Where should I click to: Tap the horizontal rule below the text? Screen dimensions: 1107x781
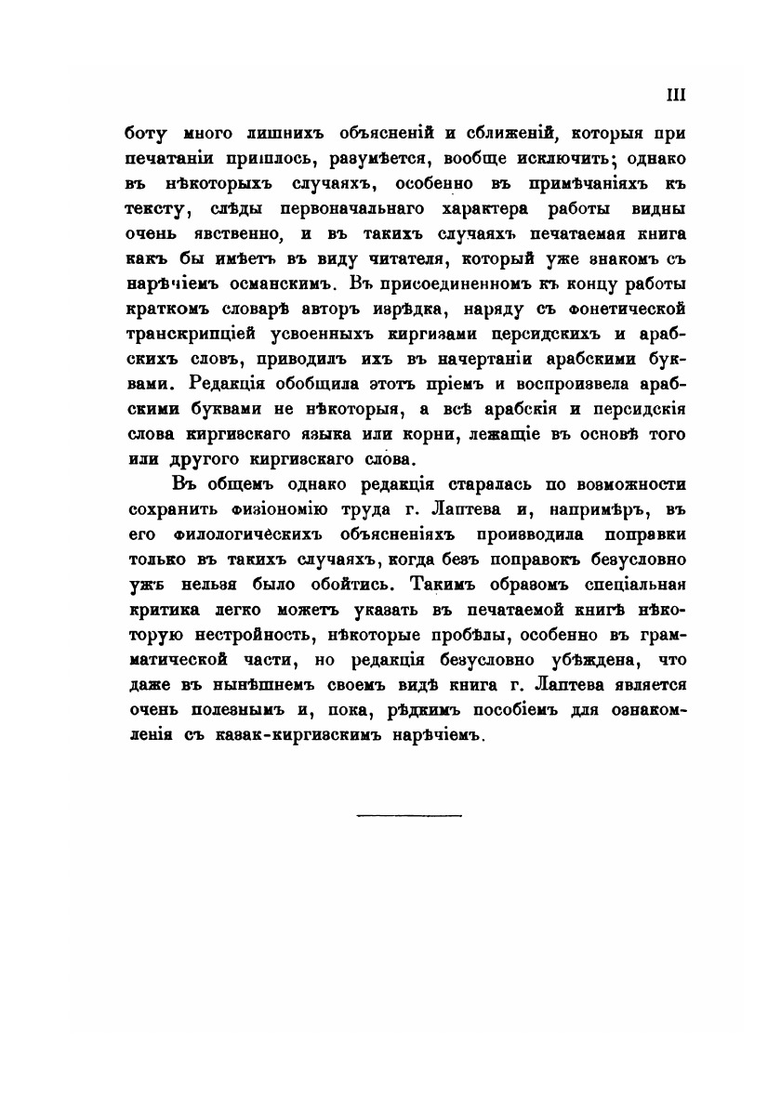(409, 816)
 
